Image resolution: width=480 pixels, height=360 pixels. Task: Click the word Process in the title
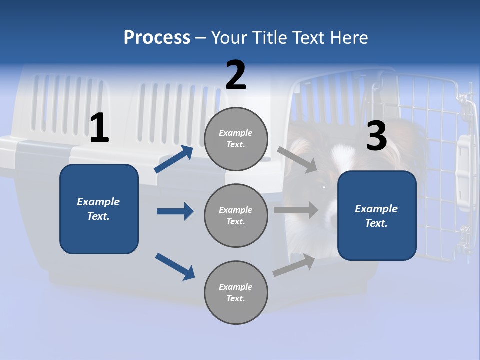point(157,38)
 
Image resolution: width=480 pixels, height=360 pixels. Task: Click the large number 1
point(99,128)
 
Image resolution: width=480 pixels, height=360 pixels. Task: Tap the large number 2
point(236,75)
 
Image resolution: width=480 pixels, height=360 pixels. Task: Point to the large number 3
point(376,137)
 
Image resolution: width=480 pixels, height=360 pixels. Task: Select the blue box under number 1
point(99,209)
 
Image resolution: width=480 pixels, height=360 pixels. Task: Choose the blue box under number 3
point(377,215)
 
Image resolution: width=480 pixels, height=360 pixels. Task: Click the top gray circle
point(236,139)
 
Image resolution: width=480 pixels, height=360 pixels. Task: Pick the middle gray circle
point(236,215)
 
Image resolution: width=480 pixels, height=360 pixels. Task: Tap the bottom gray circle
point(236,292)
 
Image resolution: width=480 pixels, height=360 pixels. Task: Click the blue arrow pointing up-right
point(173,159)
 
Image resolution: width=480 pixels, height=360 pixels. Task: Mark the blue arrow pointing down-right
point(175,266)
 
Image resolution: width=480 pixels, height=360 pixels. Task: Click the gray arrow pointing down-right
point(297,159)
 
